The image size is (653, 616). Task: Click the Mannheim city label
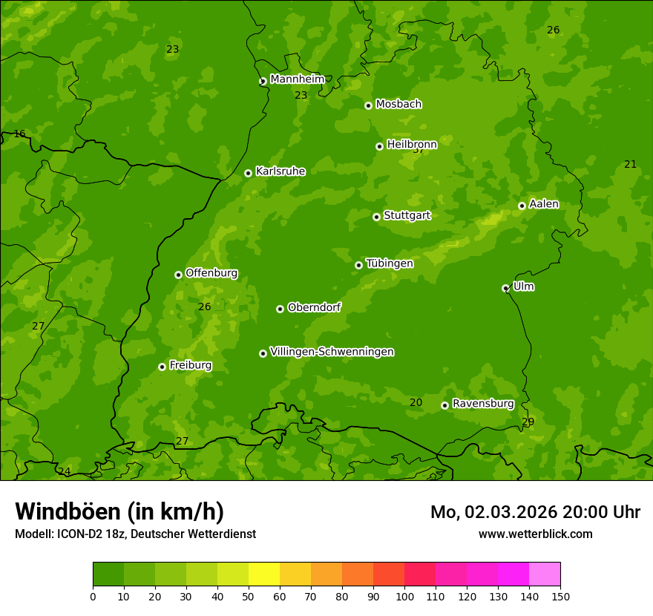click(297, 79)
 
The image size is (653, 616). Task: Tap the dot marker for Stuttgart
click(376, 217)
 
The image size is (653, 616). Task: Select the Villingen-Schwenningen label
click(332, 352)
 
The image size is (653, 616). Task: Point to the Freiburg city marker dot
click(162, 367)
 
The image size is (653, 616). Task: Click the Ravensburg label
click(483, 404)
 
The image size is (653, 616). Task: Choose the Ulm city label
click(523, 286)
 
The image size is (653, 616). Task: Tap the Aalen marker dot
click(522, 206)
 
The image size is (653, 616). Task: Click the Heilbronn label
click(412, 144)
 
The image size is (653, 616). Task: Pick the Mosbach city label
click(398, 104)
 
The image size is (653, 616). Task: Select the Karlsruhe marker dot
click(248, 173)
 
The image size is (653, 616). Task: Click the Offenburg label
click(211, 273)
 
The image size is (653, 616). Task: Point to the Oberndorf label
click(314, 307)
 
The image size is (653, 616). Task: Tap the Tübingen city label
click(390, 263)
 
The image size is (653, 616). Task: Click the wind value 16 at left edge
click(19, 134)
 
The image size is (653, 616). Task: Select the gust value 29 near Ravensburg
click(528, 422)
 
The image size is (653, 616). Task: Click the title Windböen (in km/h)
click(119, 511)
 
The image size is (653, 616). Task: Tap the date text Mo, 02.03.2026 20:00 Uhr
click(535, 512)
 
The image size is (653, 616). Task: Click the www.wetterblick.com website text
click(535, 534)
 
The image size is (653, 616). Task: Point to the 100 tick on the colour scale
click(404, 596)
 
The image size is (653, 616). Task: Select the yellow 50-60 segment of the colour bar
click(264, 574)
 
